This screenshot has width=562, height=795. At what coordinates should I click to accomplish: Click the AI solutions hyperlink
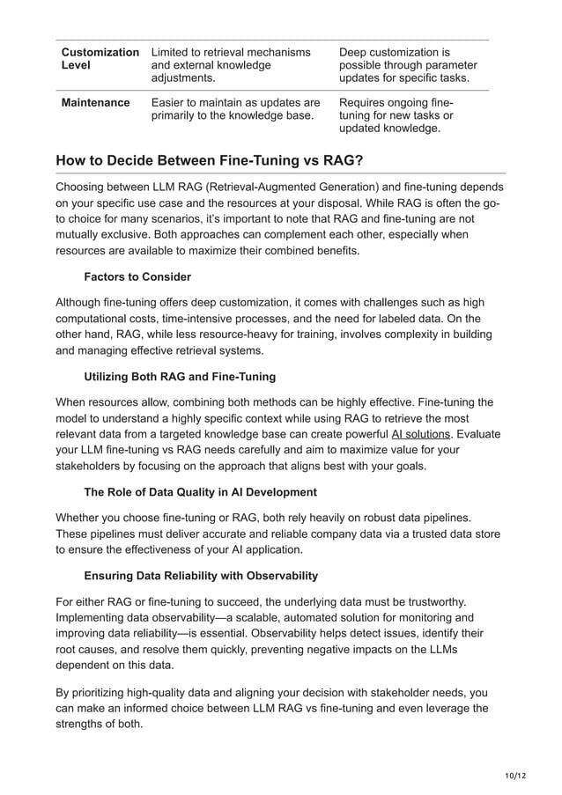click(x=420, y=434)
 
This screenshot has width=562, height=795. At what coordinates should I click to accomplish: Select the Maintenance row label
click(x=95, y=103)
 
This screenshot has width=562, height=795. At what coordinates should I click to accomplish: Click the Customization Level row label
click(x=98, y=59)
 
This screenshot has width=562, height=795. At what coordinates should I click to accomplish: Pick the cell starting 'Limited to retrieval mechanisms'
click(x=231, y=65)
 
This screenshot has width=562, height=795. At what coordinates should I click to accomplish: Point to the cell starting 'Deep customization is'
click(x=407, y=65)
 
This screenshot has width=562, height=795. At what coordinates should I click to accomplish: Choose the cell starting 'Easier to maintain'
click(x=236, y=109)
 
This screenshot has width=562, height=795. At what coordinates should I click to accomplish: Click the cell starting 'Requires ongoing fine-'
click(x=396, y=115)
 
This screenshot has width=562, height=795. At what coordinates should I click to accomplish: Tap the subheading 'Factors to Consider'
click(x=137, y=276)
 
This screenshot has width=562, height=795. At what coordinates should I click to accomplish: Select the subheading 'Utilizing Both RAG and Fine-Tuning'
click(x=180, y=377)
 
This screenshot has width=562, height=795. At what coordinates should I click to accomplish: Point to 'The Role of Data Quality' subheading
click(x=200, y=491)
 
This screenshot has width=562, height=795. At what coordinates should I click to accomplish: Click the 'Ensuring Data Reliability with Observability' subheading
click(x=201, y=576)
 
